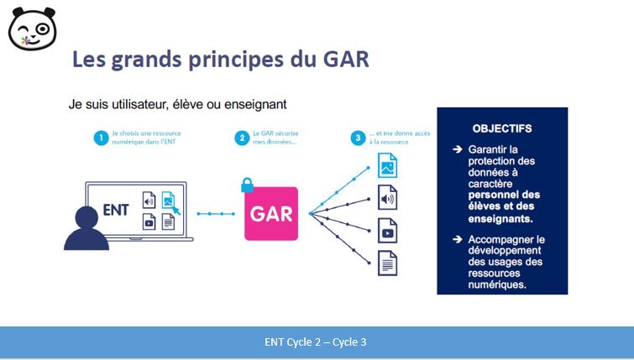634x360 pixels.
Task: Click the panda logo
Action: (33, 29)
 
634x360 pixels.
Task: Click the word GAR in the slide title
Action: (346, 60)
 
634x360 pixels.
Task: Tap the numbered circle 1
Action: (101, 138)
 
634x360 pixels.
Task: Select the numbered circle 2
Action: (242, 138)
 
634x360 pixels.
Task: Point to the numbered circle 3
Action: (358, 138)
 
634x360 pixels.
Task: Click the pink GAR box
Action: (271, 214)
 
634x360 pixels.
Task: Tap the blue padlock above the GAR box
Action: (247, 185)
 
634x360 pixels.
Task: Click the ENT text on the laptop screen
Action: (116, 210)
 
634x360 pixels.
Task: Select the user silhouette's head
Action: (87, 218)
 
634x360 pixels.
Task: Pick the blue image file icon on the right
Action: (387, 165)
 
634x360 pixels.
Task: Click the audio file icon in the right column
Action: (387, 197)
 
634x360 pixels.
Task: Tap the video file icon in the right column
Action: (387, 230)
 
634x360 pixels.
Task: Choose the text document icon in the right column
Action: (387, 263)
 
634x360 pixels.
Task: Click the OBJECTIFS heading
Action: (502, 128)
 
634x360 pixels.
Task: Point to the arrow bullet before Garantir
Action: (458, 149)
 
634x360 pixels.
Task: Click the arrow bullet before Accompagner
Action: (458, 239)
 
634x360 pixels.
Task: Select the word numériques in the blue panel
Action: (497, 284)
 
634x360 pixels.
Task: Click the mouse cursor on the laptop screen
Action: (176, 211)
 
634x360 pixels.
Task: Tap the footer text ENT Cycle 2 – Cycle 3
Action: (316, 342)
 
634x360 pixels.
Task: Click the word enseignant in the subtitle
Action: (255, 104)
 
